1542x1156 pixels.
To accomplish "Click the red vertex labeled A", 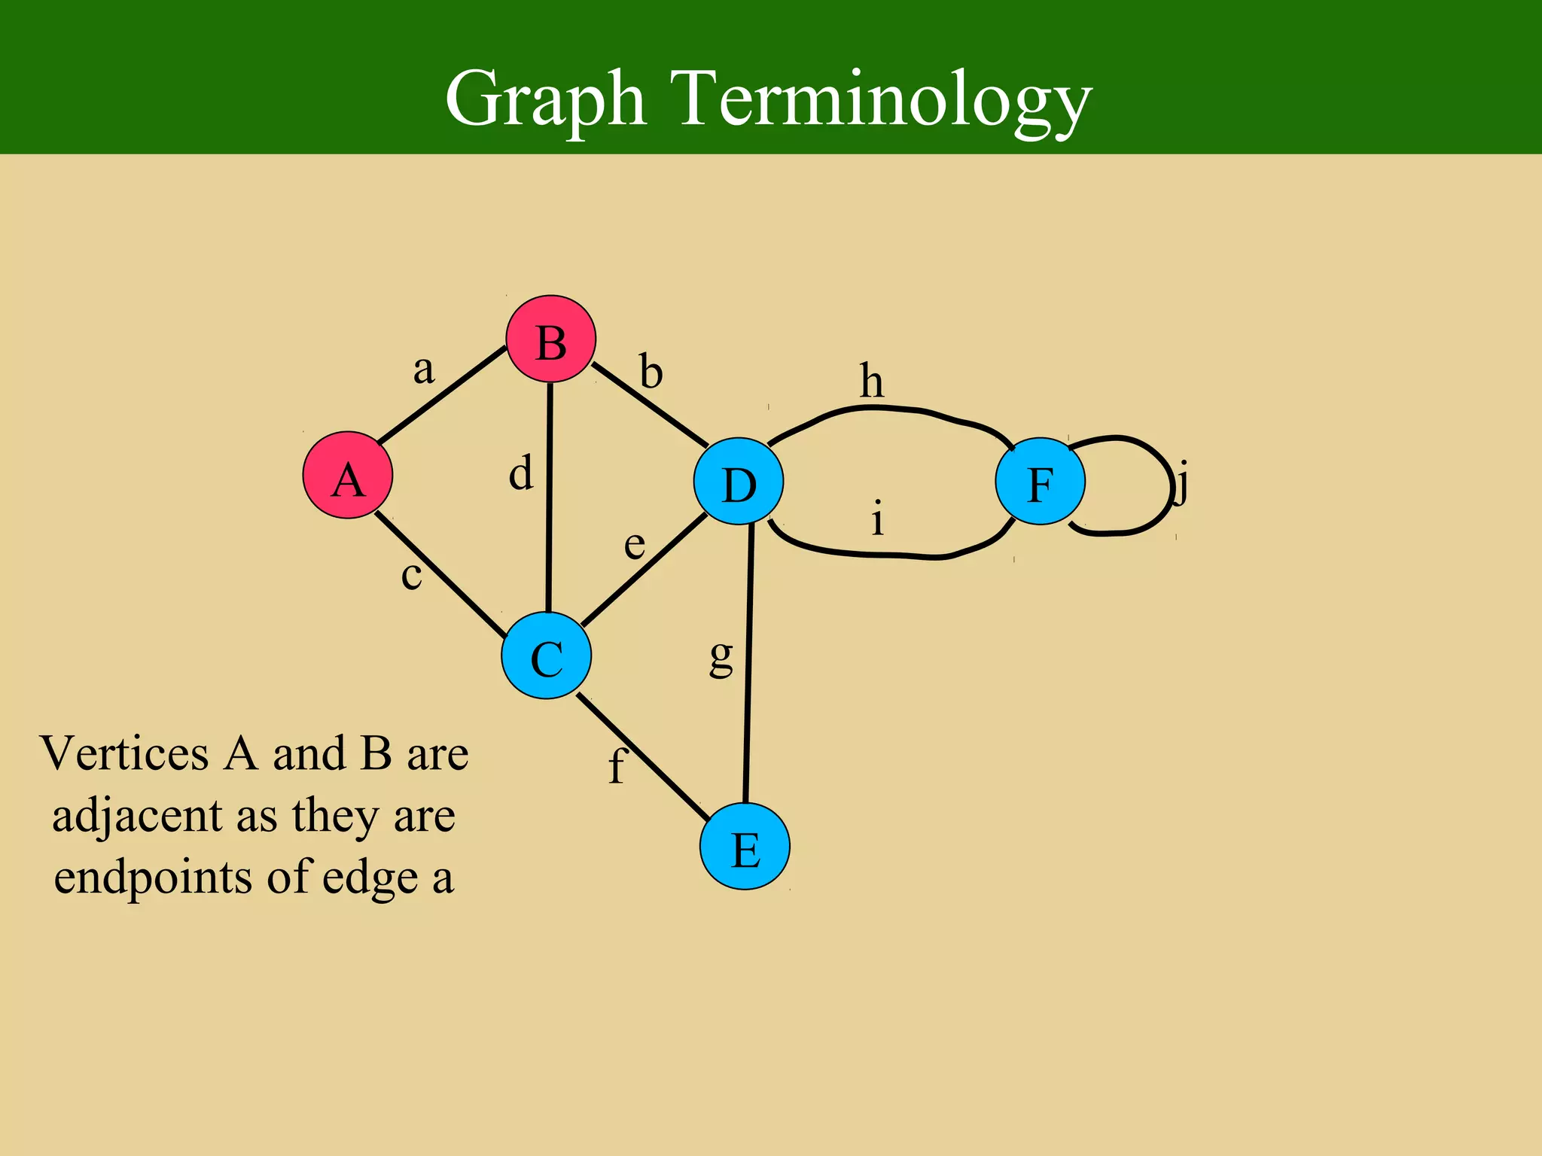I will click(x=348, y=475).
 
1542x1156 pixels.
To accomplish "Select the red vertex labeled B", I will click(x=550, y=340).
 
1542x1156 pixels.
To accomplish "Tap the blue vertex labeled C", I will click(x=546, y=656).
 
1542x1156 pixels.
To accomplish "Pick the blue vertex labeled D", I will click(x=739, y=482).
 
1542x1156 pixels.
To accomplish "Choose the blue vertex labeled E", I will click(x=745, y=847).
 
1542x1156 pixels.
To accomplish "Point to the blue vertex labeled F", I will click(x=1040, y=482).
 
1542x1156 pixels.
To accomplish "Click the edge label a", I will click(x=424, y=369).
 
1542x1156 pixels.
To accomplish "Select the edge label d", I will click(x=521, y=473).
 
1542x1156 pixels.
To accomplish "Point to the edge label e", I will click(x=635, y=544).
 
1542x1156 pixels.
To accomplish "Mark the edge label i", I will click(x=877, y=519).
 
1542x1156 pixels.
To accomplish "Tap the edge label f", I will click(x=617, y=766).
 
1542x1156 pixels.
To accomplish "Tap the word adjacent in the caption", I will click(x=137, y=817).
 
